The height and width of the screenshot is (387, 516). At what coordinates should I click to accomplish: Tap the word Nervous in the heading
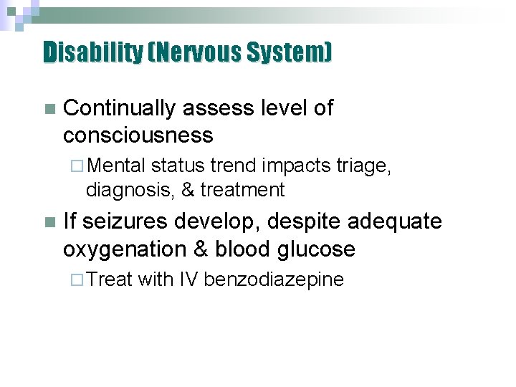(x=190, y=52)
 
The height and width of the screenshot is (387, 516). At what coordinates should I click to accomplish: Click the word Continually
(x=119, y=108)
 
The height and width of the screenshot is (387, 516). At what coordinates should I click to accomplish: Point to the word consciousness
(x=138, y=135)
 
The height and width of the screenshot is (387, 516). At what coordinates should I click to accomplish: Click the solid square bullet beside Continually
(x=49, y=110)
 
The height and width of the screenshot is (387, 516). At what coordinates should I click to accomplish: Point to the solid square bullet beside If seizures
(x=49, y=223)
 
